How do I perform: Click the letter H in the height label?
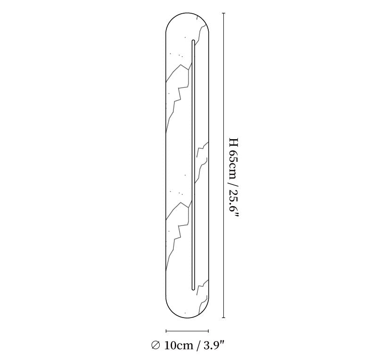click(233, 142)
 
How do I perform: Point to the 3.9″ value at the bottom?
click(214, 345)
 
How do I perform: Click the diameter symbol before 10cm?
click(156, 345)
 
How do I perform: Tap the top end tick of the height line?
click(224, 13)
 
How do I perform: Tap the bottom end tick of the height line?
click(224, 318)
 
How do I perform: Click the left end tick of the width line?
click(166, 331)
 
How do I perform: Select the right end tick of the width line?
click(208, 331)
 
